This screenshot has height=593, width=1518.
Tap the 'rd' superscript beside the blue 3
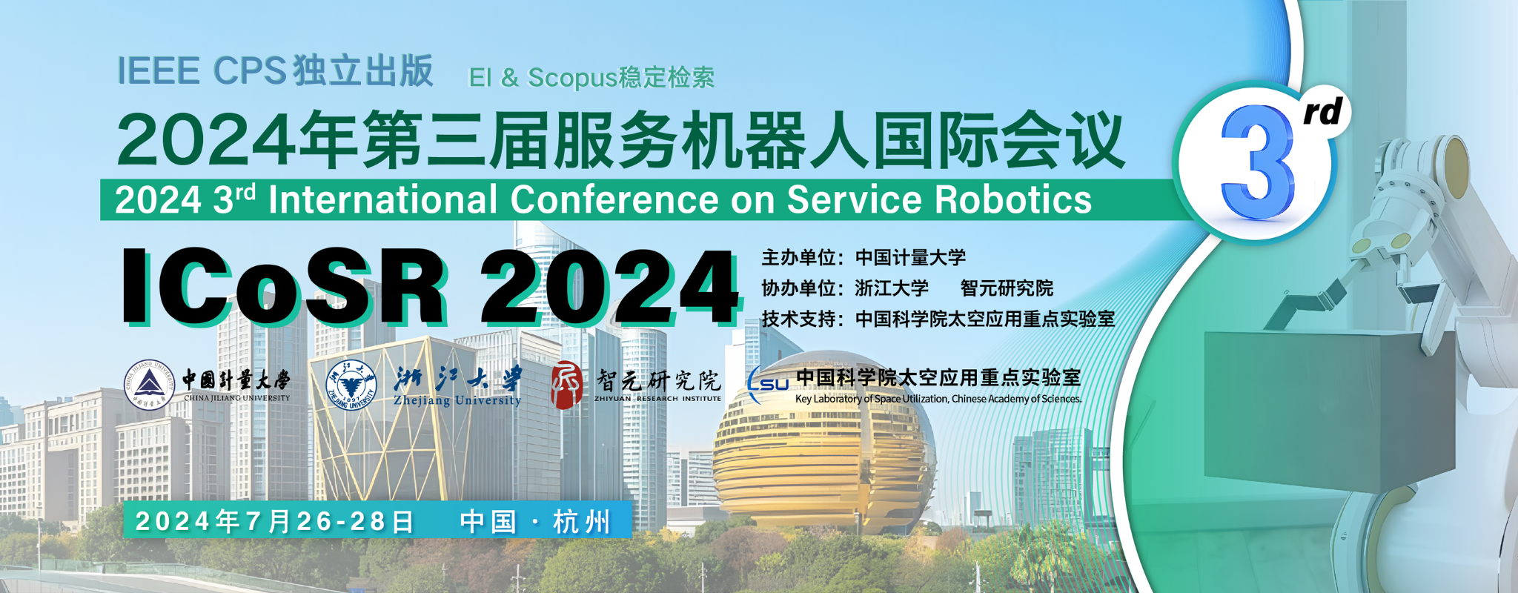click(1322, 112)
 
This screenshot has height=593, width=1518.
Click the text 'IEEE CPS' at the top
click(202, 71)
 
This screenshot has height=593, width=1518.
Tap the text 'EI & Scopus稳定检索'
click(591, 78)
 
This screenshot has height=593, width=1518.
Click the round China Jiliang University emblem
click(150, 385)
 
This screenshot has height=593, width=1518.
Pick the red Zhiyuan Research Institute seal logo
click(567, 385)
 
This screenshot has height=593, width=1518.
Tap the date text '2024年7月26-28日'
click(274, 521)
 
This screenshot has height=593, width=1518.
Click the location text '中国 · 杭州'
click(535, 521)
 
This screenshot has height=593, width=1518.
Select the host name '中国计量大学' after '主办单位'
click(910, 258)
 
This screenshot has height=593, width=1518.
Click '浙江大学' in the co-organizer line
click(892, 288)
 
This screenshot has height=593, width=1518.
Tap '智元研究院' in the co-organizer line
click(1007, 288)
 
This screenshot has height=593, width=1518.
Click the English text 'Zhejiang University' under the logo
click(457, 400)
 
